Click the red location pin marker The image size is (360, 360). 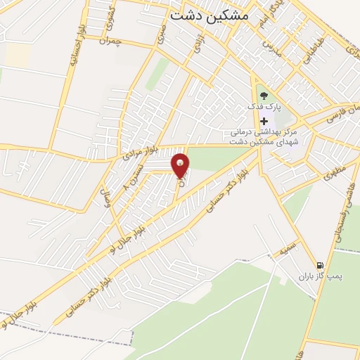181,165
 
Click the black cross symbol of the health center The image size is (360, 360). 264,120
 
